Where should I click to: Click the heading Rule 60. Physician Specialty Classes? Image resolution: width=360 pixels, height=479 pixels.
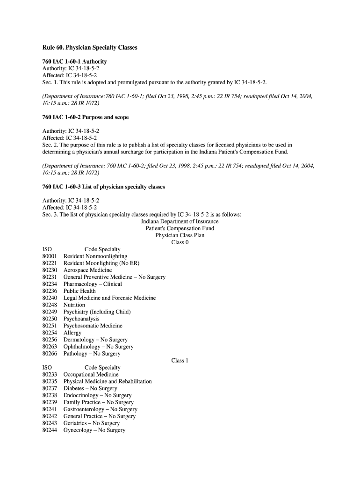[90, 48]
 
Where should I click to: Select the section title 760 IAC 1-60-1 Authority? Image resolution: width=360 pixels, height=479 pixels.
[74, 61]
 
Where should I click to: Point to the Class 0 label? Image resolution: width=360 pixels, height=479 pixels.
[180, 242]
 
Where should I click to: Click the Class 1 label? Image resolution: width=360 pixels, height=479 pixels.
[180, 361]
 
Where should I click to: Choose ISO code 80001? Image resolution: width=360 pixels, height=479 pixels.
[50, 256]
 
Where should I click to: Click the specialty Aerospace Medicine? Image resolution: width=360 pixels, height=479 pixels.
[87, 270]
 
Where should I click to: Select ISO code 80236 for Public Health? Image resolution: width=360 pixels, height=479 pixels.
[50, 291]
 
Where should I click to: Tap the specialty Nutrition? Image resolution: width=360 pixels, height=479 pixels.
[74, 305]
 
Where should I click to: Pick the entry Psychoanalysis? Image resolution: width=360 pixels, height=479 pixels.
[81, 319]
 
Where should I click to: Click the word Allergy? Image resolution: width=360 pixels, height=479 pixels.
[72, 333]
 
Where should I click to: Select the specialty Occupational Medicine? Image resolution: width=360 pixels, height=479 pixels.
[91, 375]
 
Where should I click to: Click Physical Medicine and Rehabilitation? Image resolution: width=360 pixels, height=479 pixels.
[108, 382]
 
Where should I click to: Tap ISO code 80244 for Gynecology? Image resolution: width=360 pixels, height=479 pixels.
[50, 430]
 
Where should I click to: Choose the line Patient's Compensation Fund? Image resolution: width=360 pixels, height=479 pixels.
[180, 228]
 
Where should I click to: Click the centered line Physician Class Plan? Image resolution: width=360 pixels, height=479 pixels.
[180, 235]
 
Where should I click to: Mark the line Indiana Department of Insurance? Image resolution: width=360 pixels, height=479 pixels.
[180, 221]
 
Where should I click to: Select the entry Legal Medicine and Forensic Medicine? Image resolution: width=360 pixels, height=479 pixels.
[109, 298]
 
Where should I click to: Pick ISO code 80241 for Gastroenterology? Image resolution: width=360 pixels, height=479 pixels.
[50, 409]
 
